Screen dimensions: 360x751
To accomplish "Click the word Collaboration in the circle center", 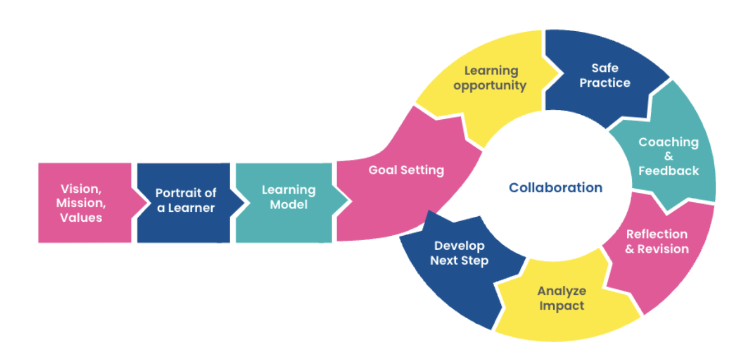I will (x=555, y=188).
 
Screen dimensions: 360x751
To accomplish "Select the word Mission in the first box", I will (x=81, y=202).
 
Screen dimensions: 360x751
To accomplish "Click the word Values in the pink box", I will (x=81, y=217).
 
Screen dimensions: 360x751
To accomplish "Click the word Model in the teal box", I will (x=289, y=205).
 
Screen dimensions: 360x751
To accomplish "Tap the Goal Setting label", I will (x=406, y=170).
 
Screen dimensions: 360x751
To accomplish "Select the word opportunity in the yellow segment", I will (x=490, y=86).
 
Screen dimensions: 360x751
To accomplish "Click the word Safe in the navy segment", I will (x=604, y=68).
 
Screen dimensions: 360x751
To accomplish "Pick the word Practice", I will (x=604, y=83).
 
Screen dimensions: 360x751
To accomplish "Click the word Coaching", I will (x=668, y=142).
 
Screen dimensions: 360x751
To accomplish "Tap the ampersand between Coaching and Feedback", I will (x=668, y=157).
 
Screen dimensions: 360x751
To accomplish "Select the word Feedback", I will (x=668, y=171).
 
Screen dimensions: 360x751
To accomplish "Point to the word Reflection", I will (x=656, y=234).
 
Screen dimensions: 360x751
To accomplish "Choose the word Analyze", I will (x=562, y=291).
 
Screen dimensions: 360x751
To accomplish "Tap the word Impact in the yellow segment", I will (x=562, y=305).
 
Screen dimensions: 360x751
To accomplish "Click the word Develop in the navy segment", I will (x=459, y=246).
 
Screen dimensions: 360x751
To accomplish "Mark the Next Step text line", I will (x=459, y=261).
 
